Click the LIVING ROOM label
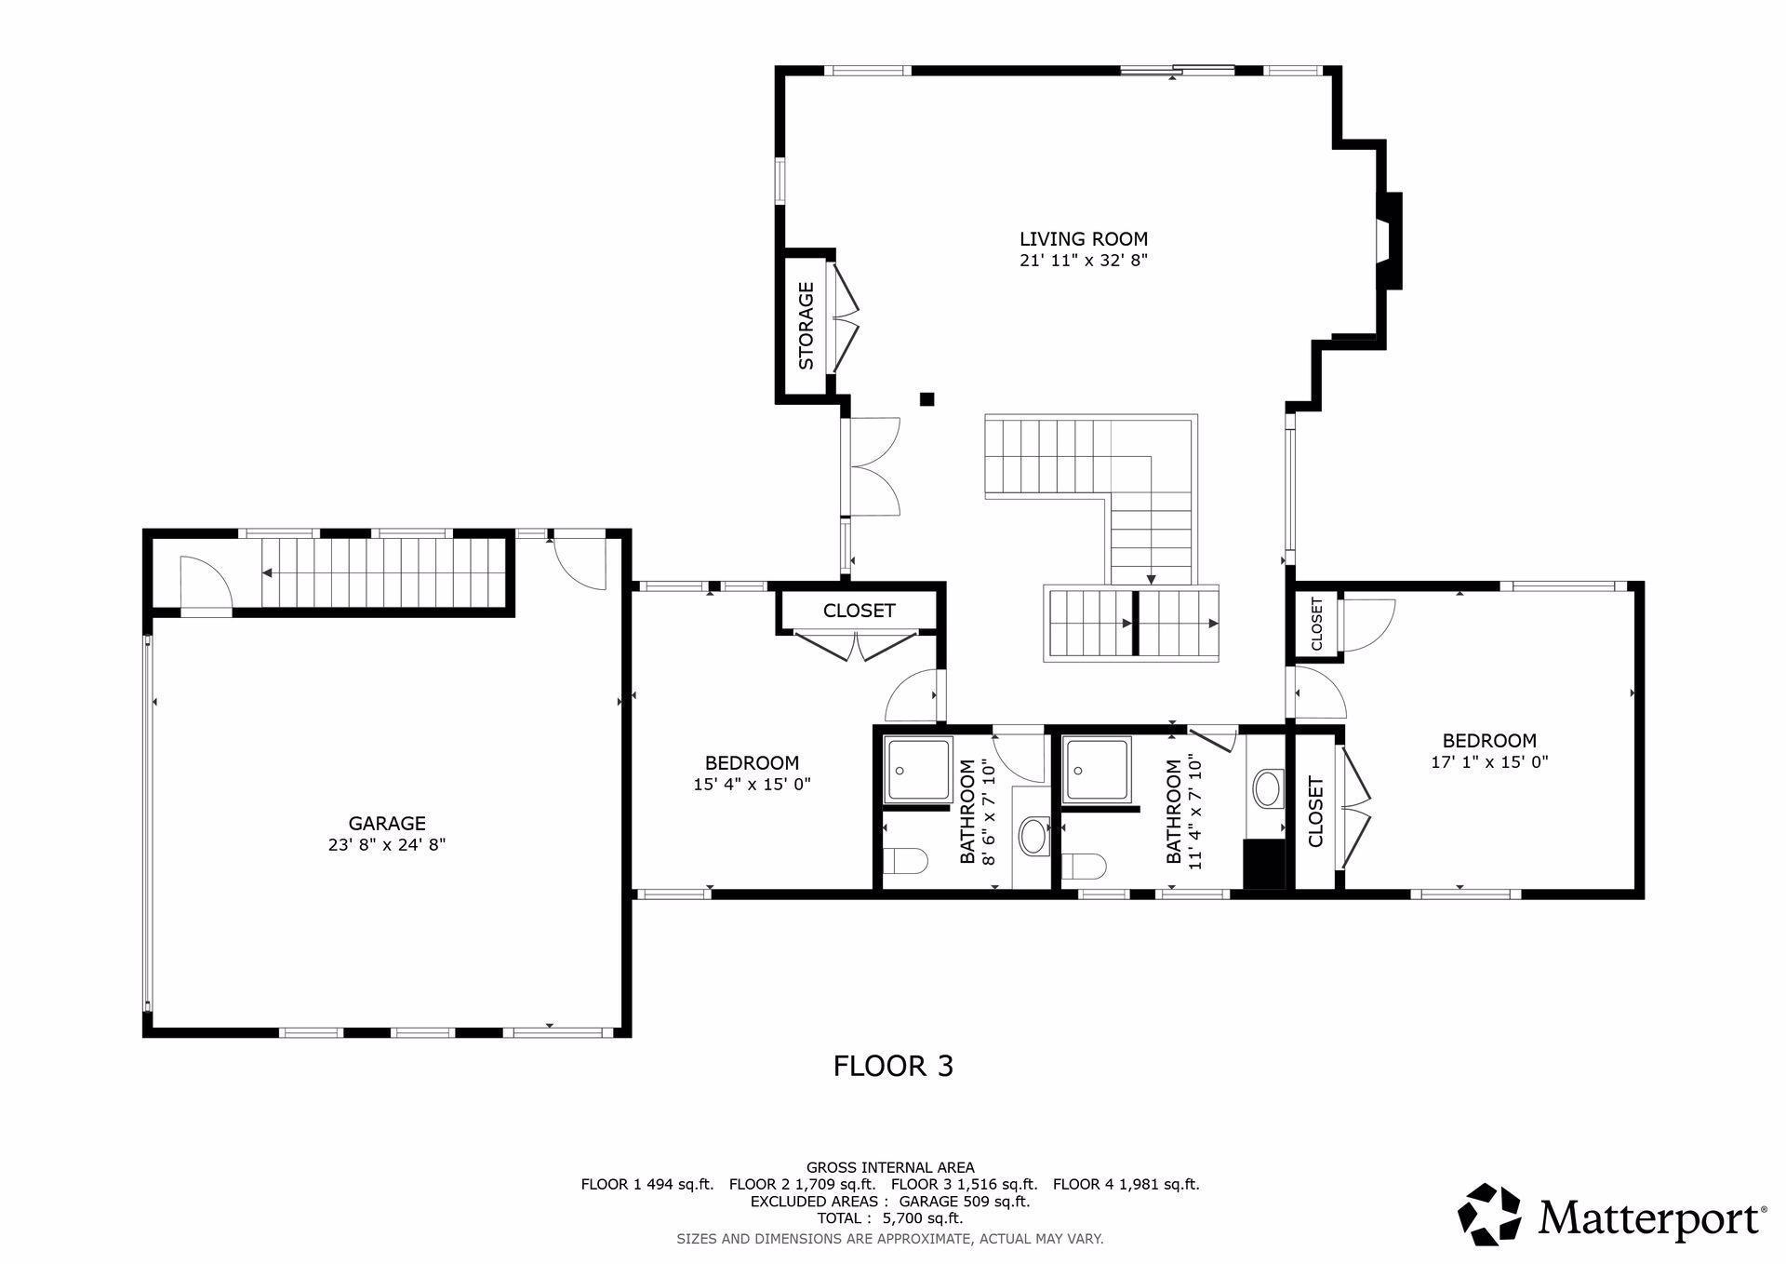(1083, 239)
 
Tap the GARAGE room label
(387, 823)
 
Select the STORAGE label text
(806, 326)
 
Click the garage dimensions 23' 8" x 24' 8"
(387, 845)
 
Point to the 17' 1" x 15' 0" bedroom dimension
(1488, 762)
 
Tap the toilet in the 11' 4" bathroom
(1084, 867)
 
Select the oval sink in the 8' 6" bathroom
(1033, 836)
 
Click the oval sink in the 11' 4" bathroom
(1266, 788)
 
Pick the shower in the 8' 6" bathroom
(918, 769)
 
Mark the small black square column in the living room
(926, 399)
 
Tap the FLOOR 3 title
(893, 1066)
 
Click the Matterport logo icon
(1488, 1215)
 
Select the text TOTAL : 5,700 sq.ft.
(890, 1217)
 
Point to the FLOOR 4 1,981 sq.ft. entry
(1126, 1184)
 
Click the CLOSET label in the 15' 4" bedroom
(859, 611)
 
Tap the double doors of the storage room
(846, 319)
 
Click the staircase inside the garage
(381, 572)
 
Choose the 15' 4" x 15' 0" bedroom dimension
(752, 785)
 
